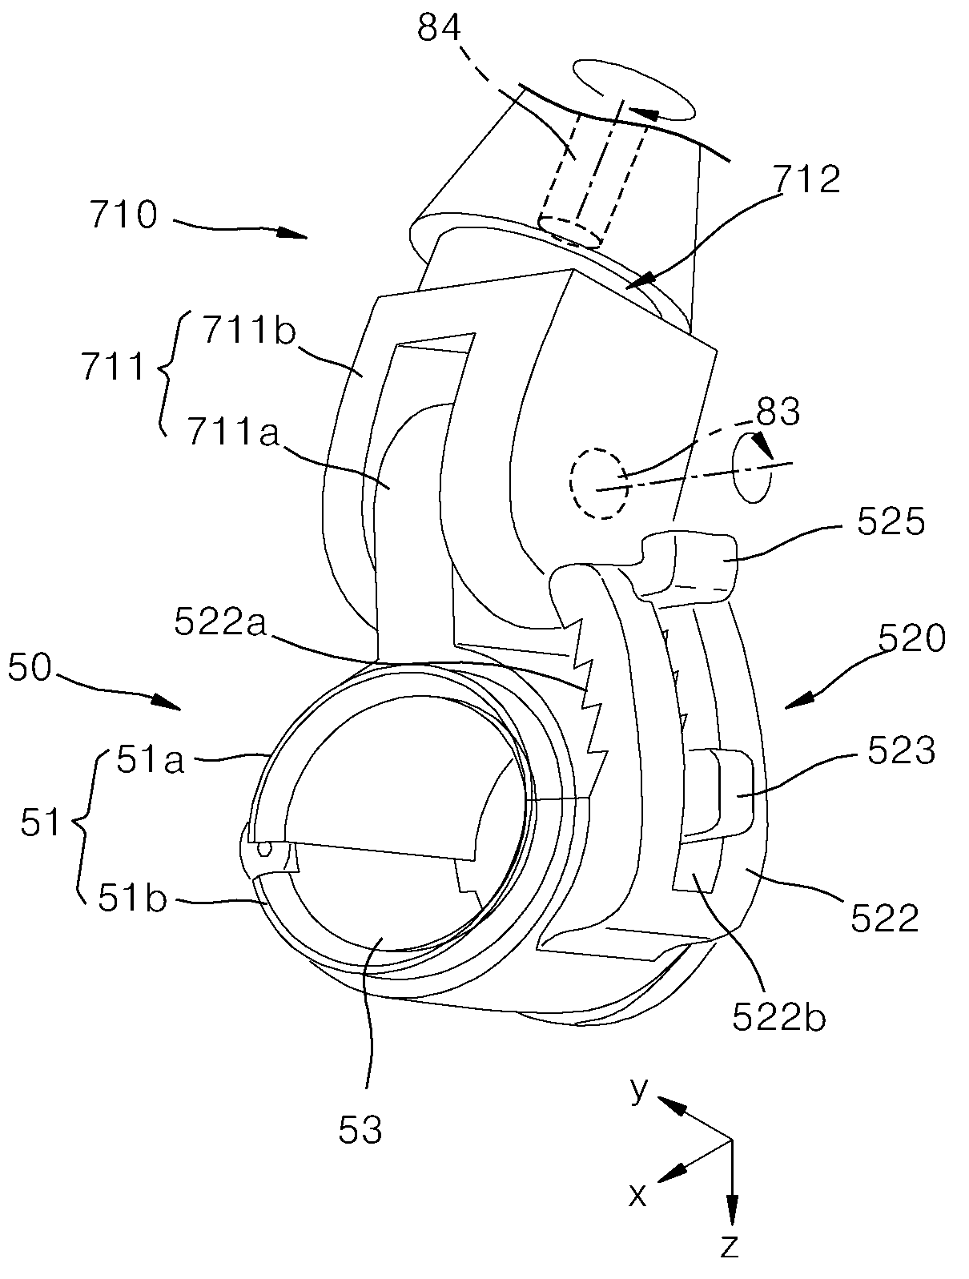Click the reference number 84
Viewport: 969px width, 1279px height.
tap(440, 27)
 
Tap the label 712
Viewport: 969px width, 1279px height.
tap(807, 179)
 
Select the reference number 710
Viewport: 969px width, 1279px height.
tap(123, 215)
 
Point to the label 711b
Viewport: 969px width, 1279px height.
tap(249, 332)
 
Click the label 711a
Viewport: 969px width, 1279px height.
tap(233, 433)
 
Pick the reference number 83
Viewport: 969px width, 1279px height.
tap(778, 412)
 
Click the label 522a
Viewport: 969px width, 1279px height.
tap(220, 623)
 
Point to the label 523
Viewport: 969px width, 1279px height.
tap(902, 750)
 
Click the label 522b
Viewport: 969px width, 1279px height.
tap(779, 1017)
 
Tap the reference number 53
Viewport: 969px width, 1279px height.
tap(360, 1130)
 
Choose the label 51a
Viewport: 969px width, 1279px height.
tap(151, 760)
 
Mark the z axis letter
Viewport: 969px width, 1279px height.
tap(729, 1245)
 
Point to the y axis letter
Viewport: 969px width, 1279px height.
tap(639, 1091)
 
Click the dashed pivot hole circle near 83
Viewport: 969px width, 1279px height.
tap(600, 482)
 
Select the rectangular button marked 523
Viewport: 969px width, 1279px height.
tap(720, 794)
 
